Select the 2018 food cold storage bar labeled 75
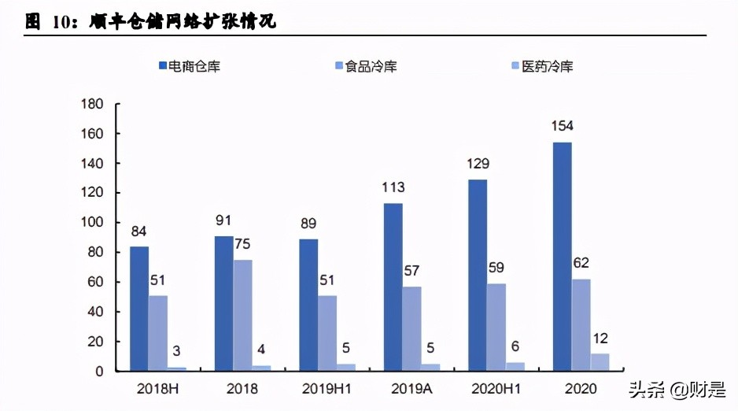click(x=242, y=315)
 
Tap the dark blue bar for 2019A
click(x=393, y=287)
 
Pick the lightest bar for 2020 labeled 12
click(x=600, y=362)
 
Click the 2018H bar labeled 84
click(x=139, y=309)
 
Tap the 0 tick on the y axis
click(x=100, y=371)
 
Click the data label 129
click(x=478, y=165)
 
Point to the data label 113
click(x=393, y=187)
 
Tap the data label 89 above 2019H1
click(x=308, y=224)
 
